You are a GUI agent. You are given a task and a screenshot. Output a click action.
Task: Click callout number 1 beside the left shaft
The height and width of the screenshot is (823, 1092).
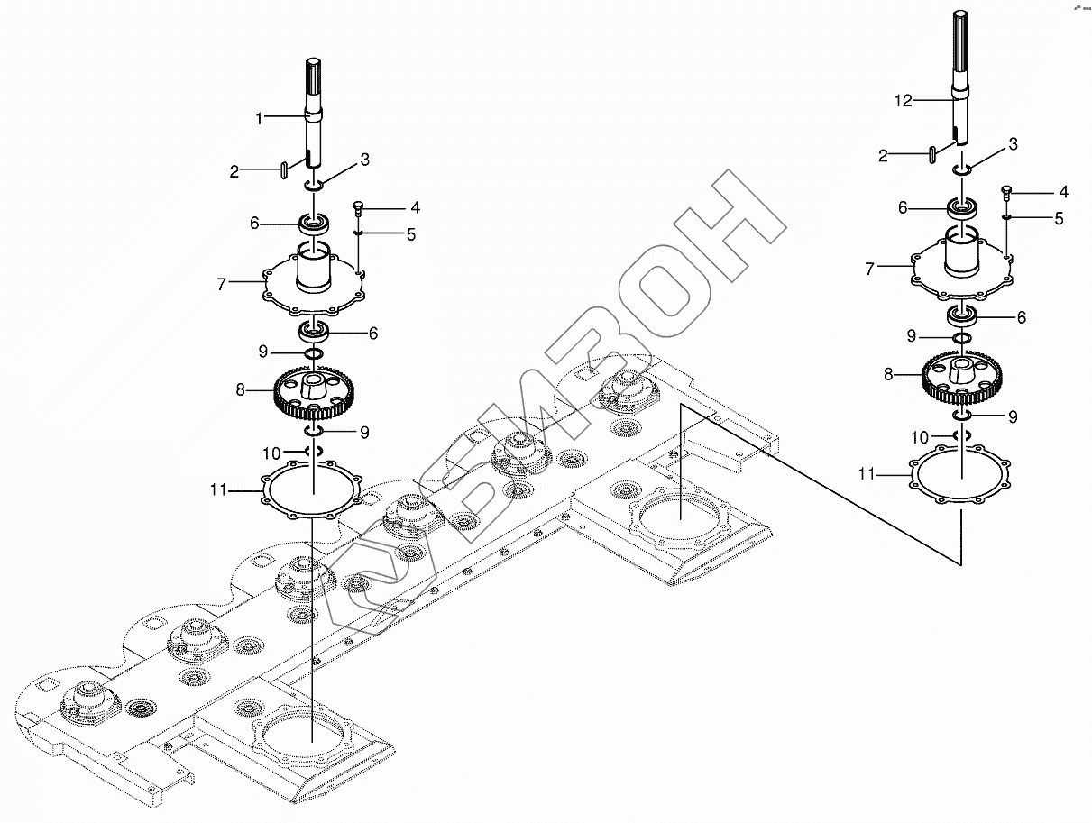click(259, 118)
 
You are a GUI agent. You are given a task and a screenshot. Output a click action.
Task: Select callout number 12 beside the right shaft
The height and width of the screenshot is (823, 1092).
click(904, 101)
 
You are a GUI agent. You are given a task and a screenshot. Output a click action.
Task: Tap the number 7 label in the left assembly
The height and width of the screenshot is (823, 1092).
click(221, 284)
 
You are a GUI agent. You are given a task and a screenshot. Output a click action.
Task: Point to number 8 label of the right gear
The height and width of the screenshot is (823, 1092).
click(888, 374)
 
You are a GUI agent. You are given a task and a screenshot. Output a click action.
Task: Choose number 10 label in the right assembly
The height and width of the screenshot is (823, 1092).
click(919, 437)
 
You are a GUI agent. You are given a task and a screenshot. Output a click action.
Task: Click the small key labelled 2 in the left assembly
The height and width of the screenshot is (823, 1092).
click(283, 169)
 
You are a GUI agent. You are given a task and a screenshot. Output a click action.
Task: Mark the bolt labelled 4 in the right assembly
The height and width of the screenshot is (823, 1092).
click(1007, 192)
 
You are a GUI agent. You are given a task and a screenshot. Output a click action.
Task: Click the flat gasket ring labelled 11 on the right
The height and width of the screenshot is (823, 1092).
click(961, 477)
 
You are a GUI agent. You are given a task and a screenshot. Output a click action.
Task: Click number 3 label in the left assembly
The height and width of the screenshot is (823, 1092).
click(364, 160)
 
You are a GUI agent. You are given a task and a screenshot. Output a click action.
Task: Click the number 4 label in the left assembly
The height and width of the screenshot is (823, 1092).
click(414, 207)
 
